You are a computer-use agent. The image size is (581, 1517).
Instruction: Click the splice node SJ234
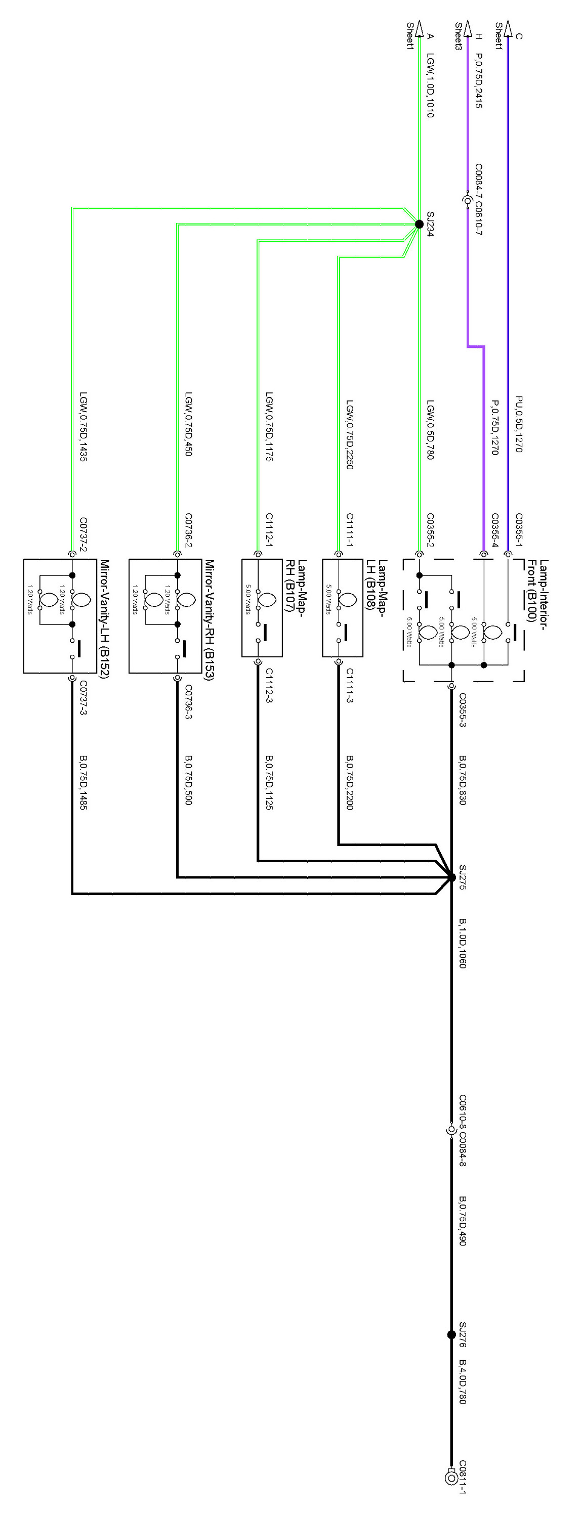pos(419,224)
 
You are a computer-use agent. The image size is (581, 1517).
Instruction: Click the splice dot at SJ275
pos(451,877)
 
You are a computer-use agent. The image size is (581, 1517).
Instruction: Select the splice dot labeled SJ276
pos(451,1335)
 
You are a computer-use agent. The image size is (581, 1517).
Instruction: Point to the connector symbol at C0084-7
pos(467,201)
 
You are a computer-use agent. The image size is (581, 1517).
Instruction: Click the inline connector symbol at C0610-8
pos(451,1130)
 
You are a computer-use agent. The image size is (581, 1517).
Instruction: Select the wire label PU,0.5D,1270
pos(519,424)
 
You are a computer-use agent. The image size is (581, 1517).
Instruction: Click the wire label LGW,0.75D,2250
pos(349,434)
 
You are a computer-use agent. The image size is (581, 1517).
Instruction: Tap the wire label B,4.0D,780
pos(463,1381)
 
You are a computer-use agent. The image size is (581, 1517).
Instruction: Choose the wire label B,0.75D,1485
pos(83,783)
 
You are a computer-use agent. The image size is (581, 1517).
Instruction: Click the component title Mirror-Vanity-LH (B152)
pos(105,619)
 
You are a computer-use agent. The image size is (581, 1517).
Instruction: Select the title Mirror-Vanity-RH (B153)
pos(210,620)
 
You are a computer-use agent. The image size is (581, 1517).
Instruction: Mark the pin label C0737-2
pos(83,534)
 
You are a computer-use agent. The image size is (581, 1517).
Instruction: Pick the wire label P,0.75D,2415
pos(478,81)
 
